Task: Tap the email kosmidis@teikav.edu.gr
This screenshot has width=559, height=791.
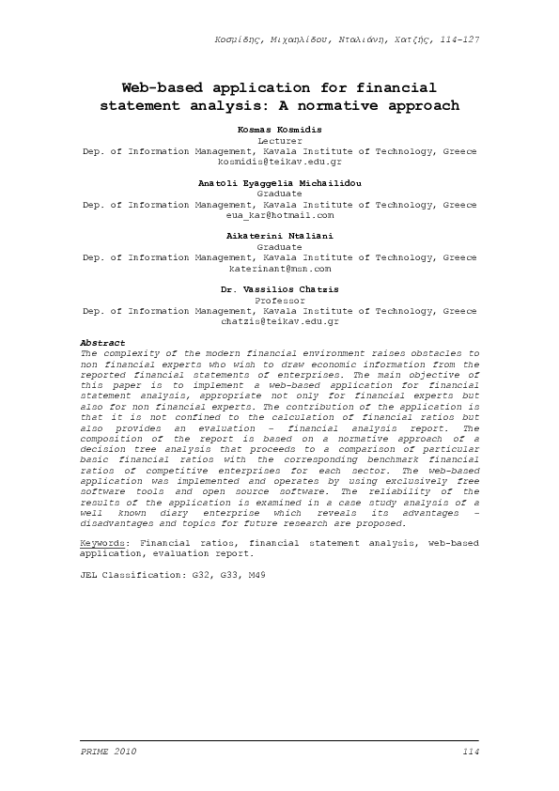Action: (279, 161)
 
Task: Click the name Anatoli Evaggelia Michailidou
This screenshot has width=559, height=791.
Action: (279, 181)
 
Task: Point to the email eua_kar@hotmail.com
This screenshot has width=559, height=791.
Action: (279, 215)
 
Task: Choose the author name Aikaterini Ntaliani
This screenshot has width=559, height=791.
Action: (279, 235)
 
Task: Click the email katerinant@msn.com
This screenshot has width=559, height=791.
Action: (279, 269)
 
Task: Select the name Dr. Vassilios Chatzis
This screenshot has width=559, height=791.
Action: (279, 288)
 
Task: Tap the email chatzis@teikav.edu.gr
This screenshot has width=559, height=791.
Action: (279, 321)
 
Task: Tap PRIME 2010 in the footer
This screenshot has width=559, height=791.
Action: (109, 752)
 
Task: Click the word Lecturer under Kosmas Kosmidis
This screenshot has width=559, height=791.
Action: (279, 138)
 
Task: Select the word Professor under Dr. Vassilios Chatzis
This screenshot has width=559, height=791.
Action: (279, 300)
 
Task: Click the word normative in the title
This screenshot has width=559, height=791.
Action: (348, 105)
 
